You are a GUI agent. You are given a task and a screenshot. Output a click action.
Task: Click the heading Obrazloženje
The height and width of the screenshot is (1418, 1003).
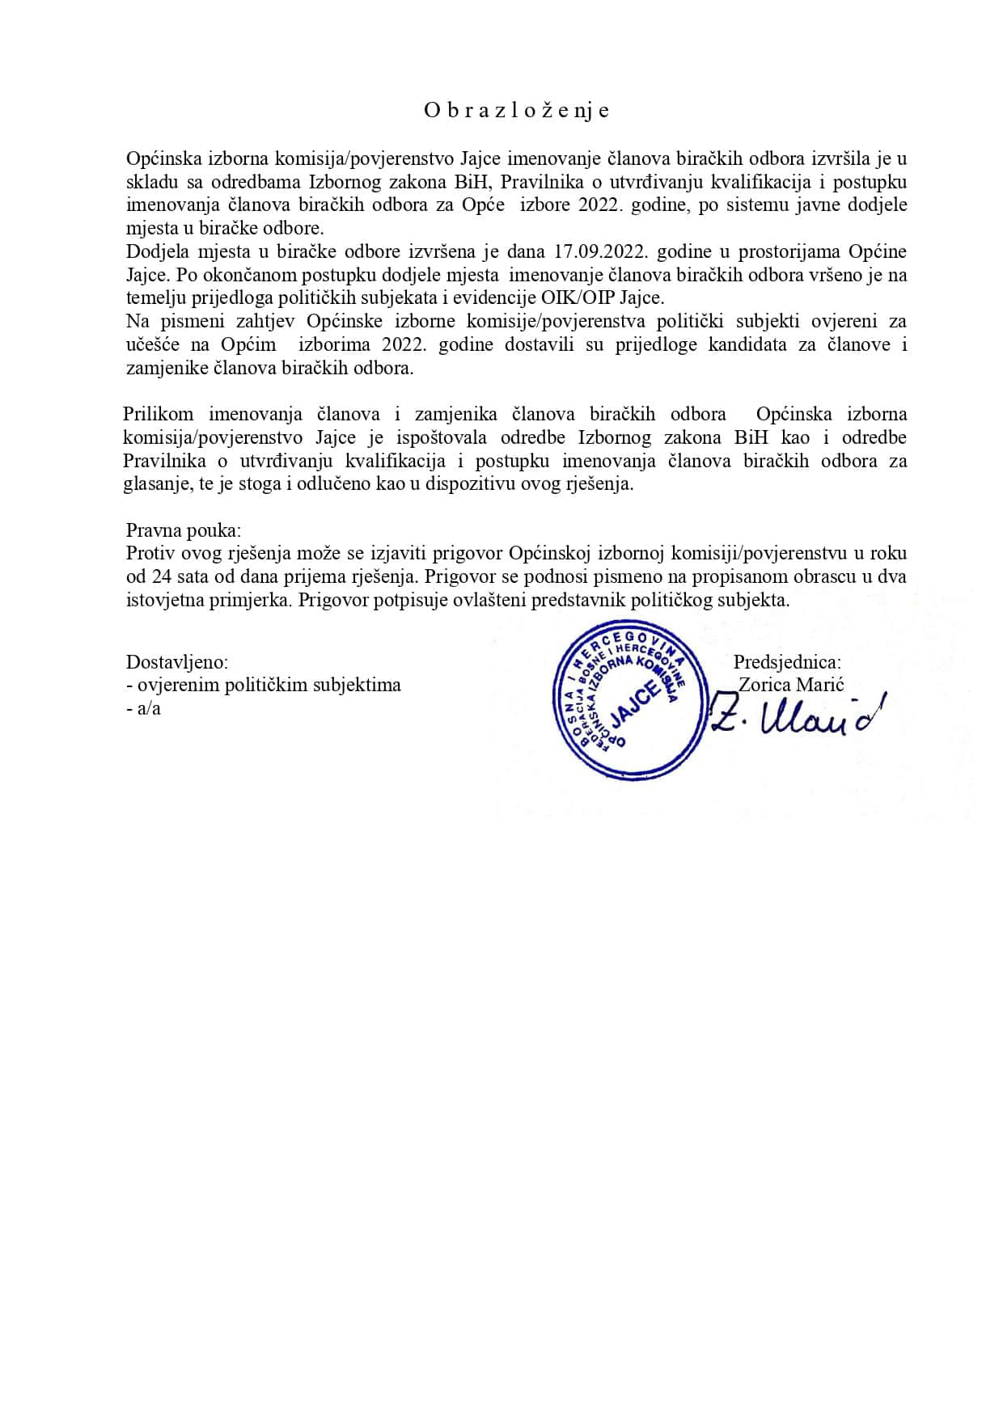point(516,111)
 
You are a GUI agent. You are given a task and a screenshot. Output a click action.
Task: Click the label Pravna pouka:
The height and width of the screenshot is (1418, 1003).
point(184,530)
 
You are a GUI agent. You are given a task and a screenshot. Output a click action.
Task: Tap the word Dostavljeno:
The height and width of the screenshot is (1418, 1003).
point(177,662)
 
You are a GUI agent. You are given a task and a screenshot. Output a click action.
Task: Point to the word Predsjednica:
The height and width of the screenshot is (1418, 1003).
point(787,662)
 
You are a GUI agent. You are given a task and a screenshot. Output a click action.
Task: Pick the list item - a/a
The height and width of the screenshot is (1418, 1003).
point(144,709)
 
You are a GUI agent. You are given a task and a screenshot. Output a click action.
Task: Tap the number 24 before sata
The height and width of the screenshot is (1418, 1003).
point(160,577)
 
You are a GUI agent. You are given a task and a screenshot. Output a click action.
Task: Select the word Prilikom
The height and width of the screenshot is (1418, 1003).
point(158,414)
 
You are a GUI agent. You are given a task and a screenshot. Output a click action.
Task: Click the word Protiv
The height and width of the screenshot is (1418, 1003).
point(149,554)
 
